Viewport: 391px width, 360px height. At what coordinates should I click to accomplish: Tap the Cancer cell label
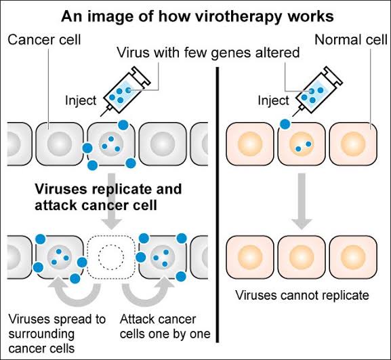45,40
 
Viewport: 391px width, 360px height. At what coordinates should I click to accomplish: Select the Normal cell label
351,40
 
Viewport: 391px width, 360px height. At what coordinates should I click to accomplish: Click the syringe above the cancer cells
125,91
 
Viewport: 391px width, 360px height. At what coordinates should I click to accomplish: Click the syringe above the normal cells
317,91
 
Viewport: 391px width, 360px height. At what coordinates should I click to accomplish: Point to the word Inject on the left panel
81,100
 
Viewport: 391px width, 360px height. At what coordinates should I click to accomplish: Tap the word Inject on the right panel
273,100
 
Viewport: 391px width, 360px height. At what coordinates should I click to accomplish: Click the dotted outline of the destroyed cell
87,257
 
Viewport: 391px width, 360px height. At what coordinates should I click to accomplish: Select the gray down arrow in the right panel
302,201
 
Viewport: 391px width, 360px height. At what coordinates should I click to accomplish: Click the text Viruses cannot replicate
302,296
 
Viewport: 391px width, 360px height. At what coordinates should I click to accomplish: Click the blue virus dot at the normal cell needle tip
285,124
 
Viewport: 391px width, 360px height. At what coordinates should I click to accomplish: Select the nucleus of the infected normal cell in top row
302,144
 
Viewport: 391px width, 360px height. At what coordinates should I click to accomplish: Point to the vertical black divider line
218,205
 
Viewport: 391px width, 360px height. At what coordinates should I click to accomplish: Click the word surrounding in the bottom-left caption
41,334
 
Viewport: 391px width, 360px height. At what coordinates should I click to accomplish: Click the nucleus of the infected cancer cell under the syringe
111,144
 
